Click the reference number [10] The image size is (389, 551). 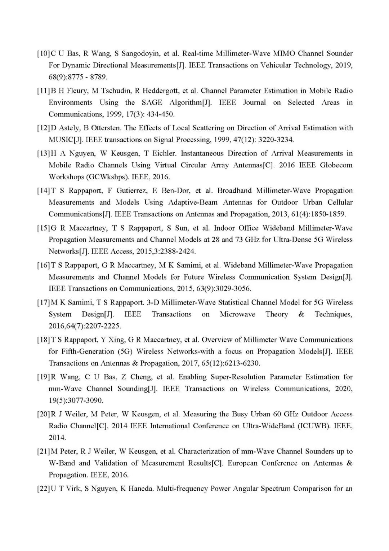(x=43, y=54)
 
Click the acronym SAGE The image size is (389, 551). (x=152, y=102)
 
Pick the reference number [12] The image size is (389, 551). (x=43, y=128)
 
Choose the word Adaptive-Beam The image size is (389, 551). (x=193, y=202)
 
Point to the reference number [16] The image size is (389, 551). (x=43, y=266)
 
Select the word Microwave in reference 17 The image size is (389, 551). (x=237, y=314)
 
